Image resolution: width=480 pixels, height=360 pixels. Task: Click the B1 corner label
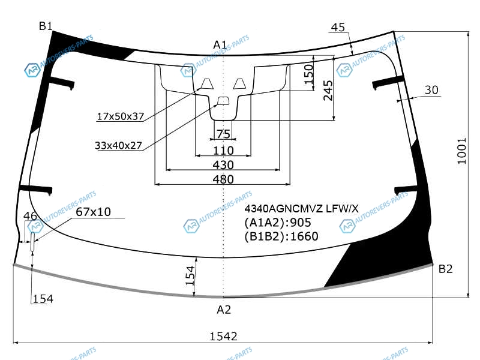[46, 26]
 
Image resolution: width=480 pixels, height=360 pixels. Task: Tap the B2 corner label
[445, 269]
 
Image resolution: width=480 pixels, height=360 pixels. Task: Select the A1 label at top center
[220, 45]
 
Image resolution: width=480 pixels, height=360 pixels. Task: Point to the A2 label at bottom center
[223, 310]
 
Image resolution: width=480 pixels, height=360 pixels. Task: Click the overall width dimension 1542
[223, 337]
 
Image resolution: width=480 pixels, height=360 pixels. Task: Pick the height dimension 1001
[461, 151]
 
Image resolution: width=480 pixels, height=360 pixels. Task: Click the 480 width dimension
[223, 179]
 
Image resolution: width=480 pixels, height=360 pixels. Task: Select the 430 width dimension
[223, 165]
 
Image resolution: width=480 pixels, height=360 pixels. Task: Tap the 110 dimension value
[223, 151]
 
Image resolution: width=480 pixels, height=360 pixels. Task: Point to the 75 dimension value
[223, 134]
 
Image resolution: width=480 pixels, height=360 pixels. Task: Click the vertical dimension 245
[328, 91]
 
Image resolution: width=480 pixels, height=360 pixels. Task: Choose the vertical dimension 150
[308, 74]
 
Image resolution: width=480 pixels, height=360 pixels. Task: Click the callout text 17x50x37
[121, 116]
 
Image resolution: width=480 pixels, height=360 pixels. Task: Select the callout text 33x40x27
[118, 145]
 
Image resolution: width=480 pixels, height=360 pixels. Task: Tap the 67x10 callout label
[93, 212]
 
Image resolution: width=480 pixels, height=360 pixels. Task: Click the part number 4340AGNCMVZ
[283, 208]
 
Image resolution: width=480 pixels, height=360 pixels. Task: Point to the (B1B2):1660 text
[281, 236]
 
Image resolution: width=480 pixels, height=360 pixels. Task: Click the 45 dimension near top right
[338, 27]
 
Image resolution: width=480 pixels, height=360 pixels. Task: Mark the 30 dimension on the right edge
[431, 90]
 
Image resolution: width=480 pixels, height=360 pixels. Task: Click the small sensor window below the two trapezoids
[223, 101]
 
